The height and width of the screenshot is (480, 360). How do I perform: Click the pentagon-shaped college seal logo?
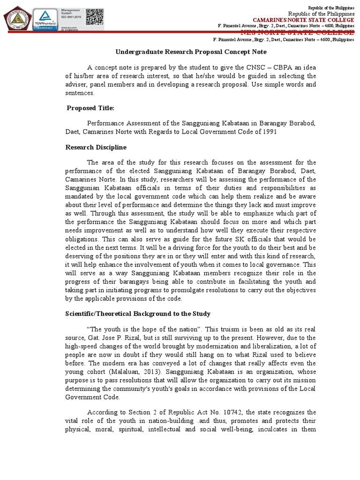click(17, 18)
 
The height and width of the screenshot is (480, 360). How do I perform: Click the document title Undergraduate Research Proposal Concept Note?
click(191, 52)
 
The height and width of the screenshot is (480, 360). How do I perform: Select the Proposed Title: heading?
click(90, 108)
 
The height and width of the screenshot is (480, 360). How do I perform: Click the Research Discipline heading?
click(96, 147)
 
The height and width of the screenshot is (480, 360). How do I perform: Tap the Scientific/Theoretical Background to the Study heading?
click(137, 314)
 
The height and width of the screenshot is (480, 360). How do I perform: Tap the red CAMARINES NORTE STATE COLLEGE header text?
click(303, 19)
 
